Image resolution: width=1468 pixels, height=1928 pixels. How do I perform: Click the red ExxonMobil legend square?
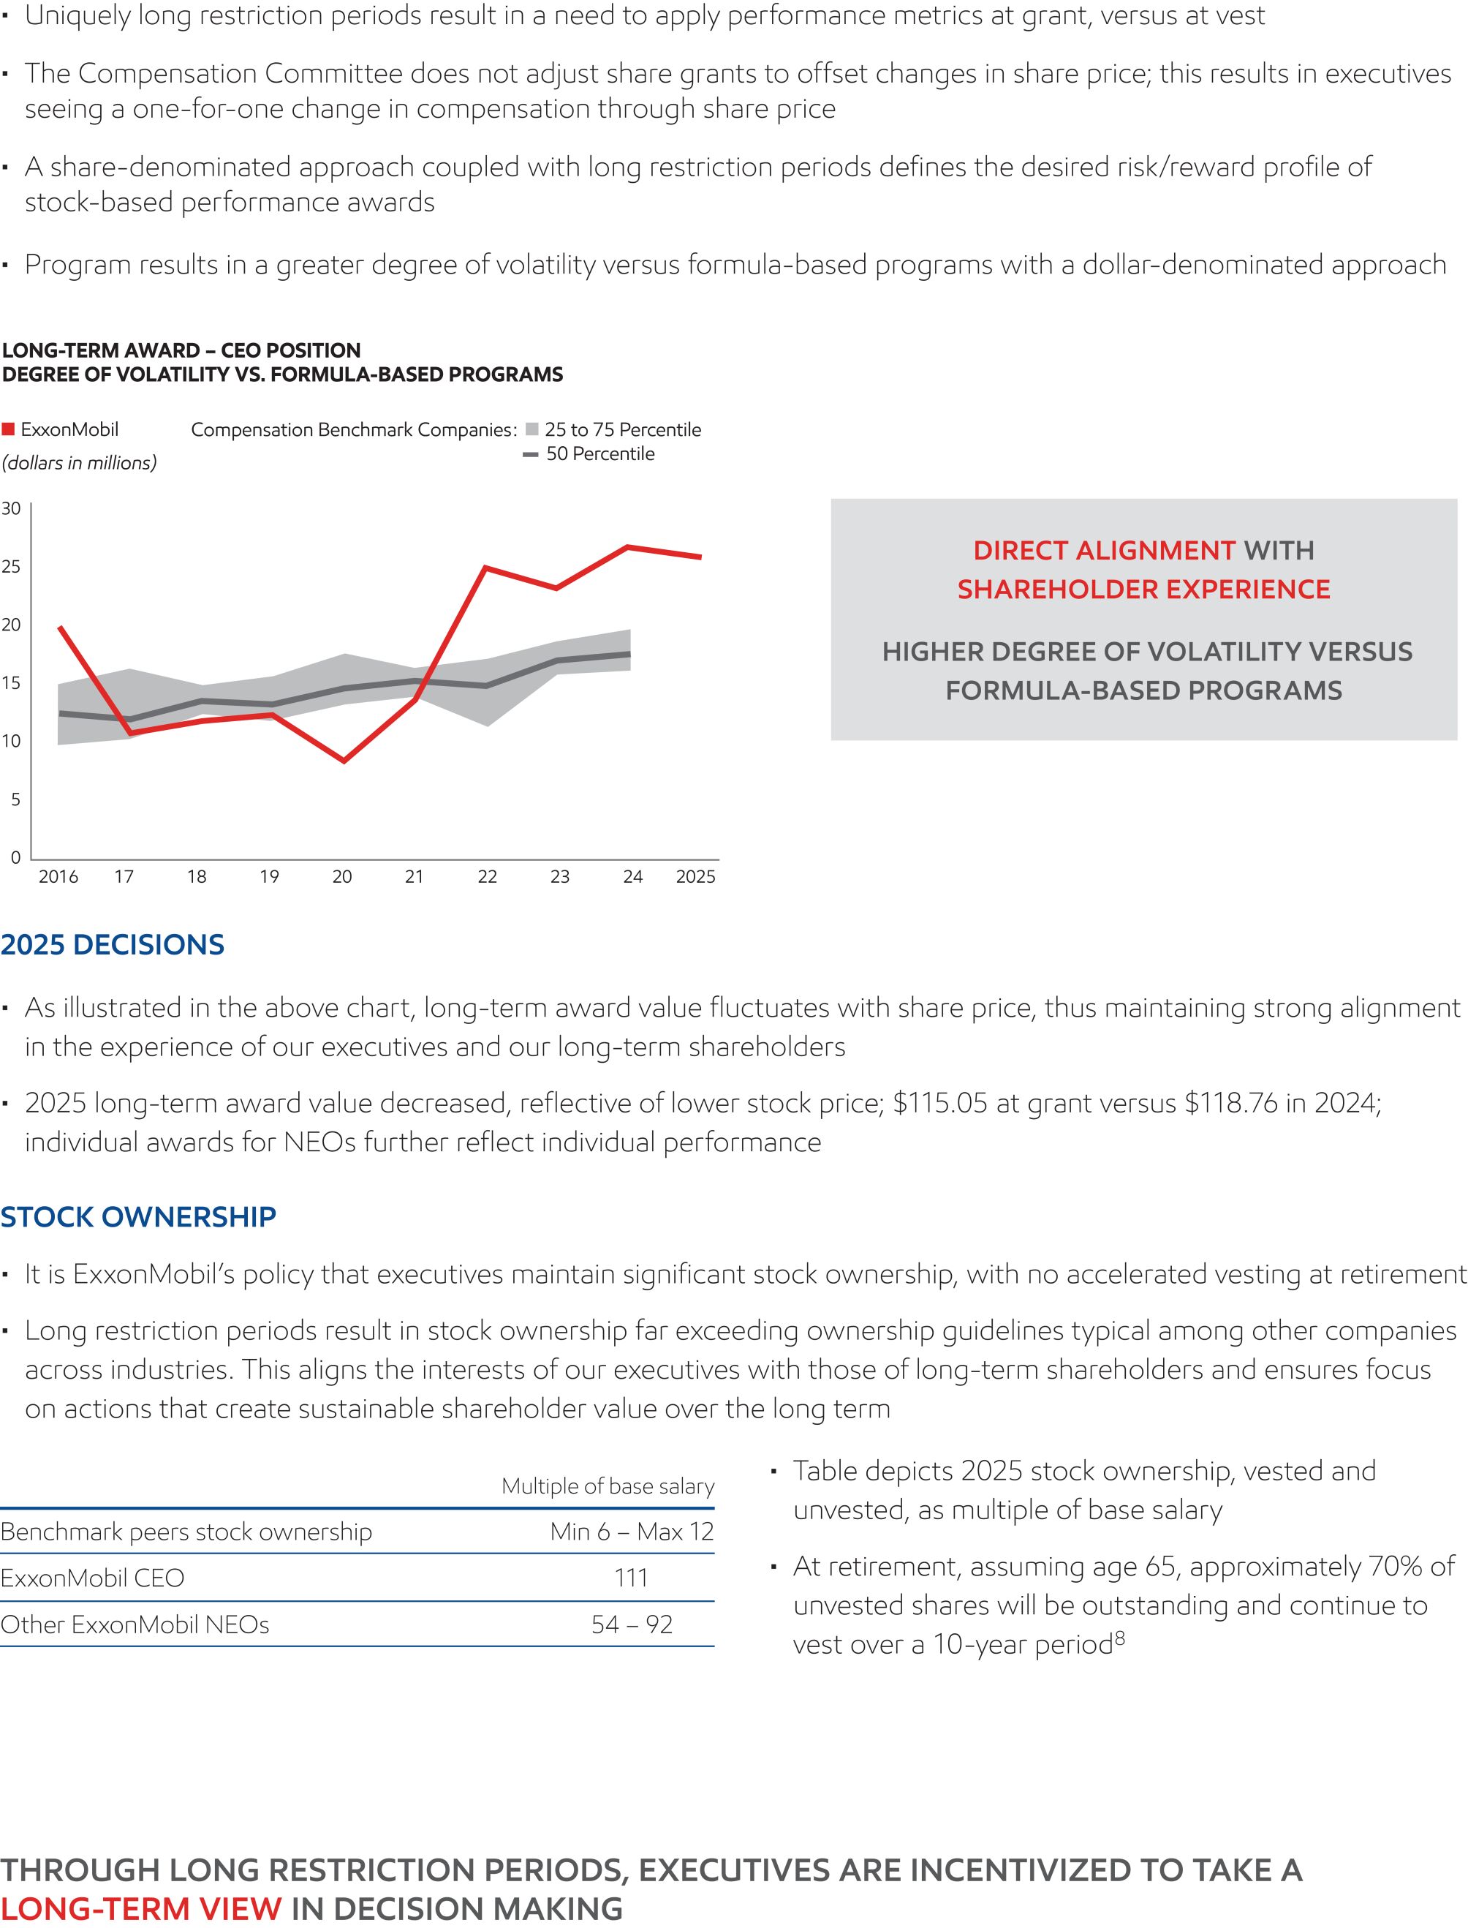click(x=9, y=429)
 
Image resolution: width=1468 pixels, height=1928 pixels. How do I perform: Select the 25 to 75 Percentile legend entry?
click(x=613, y=429)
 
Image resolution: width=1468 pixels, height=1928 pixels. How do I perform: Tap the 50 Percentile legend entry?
click(x=590, y=453)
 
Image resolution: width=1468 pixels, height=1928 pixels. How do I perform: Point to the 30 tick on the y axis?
click(x=12, y=508)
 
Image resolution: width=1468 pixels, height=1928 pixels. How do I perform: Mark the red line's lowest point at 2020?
click(x=344, y=761)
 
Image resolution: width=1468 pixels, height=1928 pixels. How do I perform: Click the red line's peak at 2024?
click(x=627, y=547)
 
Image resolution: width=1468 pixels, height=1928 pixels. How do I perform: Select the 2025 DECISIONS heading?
click(x=113, y=945)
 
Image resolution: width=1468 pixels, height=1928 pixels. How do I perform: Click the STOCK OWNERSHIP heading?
click(x=138, y=1216)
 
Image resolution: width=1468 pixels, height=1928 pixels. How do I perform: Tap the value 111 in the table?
click(x=631, y=1578)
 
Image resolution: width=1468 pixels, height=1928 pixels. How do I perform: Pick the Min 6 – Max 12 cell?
click(x=632, y=1532)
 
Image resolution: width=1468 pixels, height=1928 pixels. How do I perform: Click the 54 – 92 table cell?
click(x=632, y=1624)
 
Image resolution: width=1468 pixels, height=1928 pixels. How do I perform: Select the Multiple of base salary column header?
click(x=608, y=1485)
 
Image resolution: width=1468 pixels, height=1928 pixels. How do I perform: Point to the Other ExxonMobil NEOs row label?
click(x=135, y=1624)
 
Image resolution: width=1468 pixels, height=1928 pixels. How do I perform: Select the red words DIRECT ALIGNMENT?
click(x=1104, y=551)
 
